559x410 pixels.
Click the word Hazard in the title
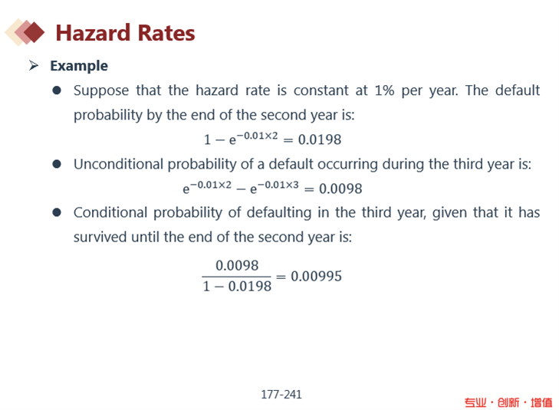tap(93, 33)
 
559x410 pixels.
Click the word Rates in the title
tap(166, 33)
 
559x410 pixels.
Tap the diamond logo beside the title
tap(25, 32)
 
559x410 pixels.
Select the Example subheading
tap(79, 66)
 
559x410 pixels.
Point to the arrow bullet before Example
tap(34, 66)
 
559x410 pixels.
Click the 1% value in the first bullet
tap(384, 90)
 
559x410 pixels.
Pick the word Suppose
tap(101, 91)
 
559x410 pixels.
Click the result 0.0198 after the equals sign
tap(320, 139)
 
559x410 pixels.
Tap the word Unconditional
tap(118, 164)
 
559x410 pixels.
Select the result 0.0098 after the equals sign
tap(340, 189)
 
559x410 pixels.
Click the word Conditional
tap(110, 212)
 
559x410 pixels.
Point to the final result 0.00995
tap(316, 276)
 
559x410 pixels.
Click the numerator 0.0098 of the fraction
tap(237, 265)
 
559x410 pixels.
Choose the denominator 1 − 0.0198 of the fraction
tap(237, 286)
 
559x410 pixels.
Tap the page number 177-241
tap(281, 395)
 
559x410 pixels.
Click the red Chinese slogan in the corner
tap(508, 402)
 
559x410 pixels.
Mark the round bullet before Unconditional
tap(57, 164)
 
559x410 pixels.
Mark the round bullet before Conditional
tap(57, 212)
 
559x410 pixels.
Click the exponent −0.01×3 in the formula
tap(278, 185)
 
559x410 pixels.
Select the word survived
tap(100, 238)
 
